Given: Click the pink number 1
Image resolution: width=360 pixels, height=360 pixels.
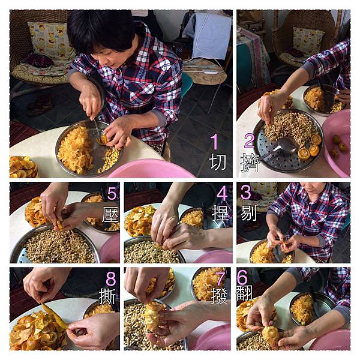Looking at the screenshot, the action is tap(214, 142).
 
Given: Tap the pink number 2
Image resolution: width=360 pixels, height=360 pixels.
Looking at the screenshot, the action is tap(249, 141).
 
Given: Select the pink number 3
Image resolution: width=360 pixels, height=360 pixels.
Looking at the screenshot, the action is tap(245, 193).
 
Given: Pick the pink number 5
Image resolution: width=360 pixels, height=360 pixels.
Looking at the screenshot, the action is tap(112, 193).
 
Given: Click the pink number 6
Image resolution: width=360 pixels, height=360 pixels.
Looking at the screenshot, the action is tap(242, 277).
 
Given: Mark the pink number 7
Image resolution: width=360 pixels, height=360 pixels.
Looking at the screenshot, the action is tap(220, 278).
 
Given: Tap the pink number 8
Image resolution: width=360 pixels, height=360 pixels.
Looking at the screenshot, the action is tap(111, 278).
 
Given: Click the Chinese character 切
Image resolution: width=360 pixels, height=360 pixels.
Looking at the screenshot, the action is tap(218, 162).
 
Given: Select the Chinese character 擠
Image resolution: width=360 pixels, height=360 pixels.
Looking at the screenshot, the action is tap(250, 163).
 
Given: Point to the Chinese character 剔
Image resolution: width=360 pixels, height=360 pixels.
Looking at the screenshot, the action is tap(248, 213).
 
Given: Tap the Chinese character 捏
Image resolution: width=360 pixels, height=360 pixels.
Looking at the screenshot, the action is tap(220, 213).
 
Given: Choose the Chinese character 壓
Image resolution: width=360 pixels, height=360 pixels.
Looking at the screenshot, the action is tap(110, 214).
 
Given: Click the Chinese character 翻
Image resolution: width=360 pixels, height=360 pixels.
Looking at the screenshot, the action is tap(244, 293).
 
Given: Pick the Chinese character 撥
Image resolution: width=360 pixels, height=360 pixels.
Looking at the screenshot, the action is tap(219, 296).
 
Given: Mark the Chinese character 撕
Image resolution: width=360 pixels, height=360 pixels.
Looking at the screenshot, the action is tap(107, 296).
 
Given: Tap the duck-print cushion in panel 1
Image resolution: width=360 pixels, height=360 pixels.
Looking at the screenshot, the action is tap(51, 41).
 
